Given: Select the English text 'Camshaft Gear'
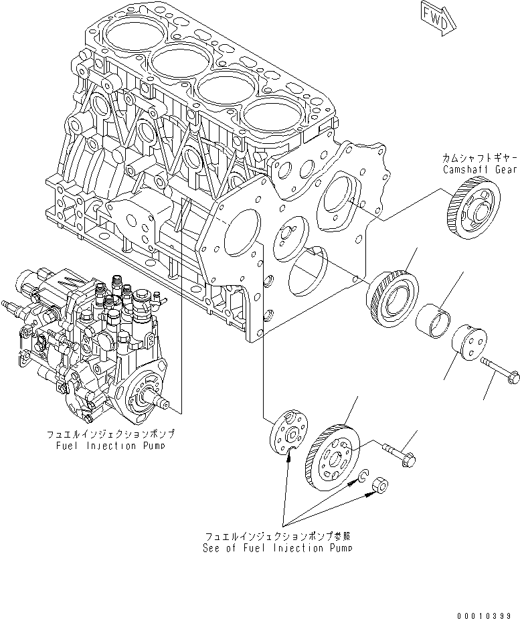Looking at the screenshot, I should click(x=481, y=170).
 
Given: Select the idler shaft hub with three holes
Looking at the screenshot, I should click(x=466, y=345).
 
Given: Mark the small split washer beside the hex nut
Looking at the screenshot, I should click(x=361, y=476).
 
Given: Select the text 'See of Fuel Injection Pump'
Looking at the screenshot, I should click(x=278, y=547).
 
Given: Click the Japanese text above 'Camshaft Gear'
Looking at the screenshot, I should click(x=480, y=158).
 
